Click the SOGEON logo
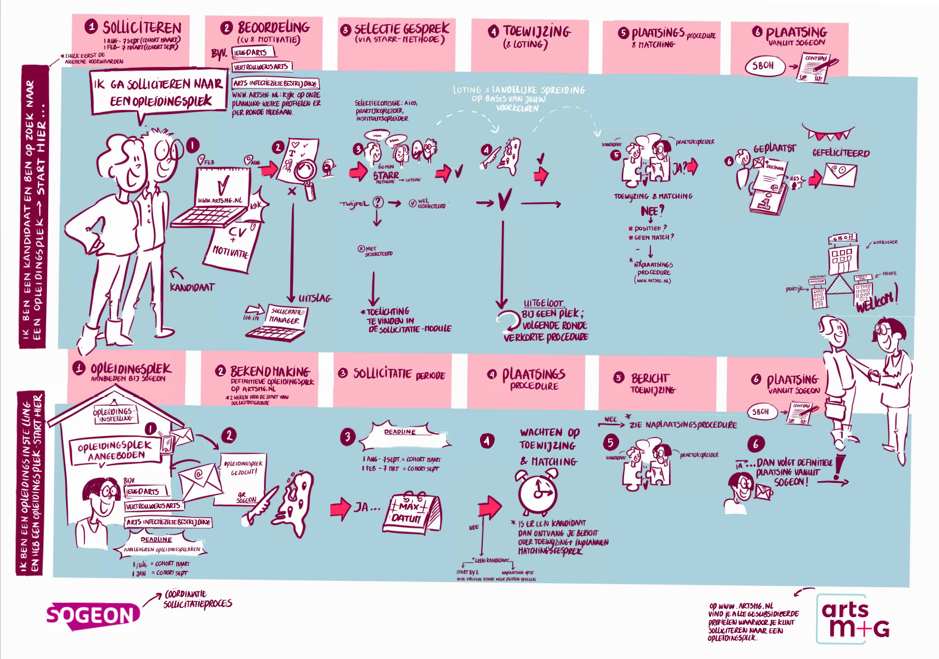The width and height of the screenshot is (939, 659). click(92, 616)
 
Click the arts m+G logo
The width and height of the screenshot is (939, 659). click(853, 620)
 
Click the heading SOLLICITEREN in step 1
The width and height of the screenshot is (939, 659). click(142, 28)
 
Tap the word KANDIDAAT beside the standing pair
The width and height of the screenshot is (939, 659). click(192, 287)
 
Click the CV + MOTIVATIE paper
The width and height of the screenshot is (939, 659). click(233, 245)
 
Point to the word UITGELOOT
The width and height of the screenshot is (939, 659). click(543, 303)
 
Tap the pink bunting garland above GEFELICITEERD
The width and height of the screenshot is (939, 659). click(827, 133)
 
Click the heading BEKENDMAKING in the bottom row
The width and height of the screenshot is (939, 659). click(270, 371)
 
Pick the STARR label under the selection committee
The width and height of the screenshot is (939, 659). click(386, 175)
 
